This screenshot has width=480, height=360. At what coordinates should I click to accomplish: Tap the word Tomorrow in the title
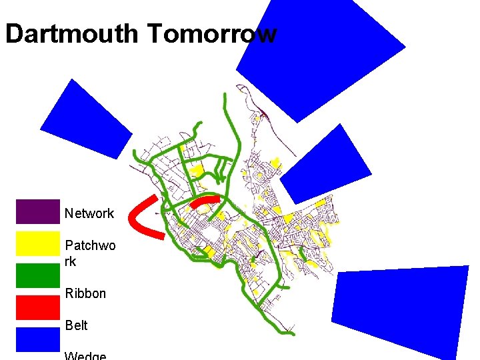[x=213, y=34]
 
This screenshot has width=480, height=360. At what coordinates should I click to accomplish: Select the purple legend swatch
[x=37, y=211]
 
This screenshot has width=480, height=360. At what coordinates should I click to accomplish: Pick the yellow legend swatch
[x=37, y=243]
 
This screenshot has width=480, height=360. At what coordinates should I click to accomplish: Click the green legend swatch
[x=37, y=275]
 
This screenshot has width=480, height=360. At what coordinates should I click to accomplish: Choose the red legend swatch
[x=37, y=307]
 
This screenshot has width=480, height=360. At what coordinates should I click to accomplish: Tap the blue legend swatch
[x=37, y=339]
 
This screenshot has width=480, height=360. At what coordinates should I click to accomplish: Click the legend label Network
[x=89, y=214]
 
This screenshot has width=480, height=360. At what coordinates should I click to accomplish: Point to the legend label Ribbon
[x=85, y=293]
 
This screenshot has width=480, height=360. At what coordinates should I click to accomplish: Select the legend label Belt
[x=76, y=325]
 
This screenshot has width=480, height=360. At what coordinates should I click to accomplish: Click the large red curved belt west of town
[x=141, y=217]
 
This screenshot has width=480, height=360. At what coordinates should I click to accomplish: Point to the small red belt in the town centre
[x=205, y=201]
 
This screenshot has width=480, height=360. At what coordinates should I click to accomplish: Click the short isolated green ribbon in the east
[x=301, y=253]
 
